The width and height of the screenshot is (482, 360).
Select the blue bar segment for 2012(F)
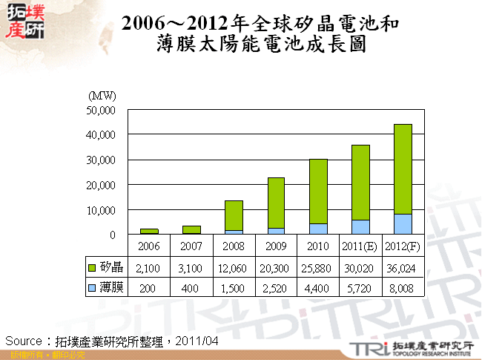point(403,224)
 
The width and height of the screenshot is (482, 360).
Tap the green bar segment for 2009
point(276,203)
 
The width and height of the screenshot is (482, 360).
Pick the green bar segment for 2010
point(318,192)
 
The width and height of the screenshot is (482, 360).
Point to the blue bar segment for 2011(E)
point(360,227)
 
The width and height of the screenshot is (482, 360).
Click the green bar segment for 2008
point(234,215)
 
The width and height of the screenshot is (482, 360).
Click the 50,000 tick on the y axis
point(101,110)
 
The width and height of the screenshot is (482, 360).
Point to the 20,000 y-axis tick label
point(101,185)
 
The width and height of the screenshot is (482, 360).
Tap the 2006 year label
point(149,246)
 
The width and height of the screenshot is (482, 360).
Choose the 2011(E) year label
point(360,246)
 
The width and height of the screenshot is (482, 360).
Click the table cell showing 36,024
point(403,266)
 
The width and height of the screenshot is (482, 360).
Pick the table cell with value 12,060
point(234,266)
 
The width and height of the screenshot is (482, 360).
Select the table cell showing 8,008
point(403,287)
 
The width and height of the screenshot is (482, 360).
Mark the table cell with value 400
point(191,287)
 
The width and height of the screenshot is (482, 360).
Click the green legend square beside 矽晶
point(92,266)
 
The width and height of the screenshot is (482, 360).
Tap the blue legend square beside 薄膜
point(92,287)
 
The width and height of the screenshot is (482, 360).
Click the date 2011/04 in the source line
point(197,341)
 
